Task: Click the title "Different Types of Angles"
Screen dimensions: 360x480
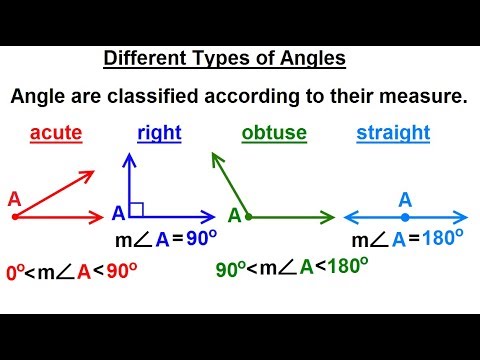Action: pyautogui.click(x=225, y=59)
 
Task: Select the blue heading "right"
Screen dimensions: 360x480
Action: pyautogui.click(x=158, y=132)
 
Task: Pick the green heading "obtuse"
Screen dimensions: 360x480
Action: pyautogui.click(x=274, y=132)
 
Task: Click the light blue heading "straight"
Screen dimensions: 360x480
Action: pyautogui.click(x=392, y=132)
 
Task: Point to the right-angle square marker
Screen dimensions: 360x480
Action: pyautogui.click(x=137, y=209)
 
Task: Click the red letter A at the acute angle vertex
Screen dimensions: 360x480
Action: pyautogui.click(x=14, y=198)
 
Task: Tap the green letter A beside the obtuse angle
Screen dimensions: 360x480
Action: pyautogui.click(x=235, y=215)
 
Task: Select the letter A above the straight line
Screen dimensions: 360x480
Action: pyautogui.click(x=405, y=198)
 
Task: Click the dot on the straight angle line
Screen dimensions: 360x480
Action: pyautogui.click(x=405, y=215)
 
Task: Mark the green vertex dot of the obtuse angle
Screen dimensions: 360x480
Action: pyautogui.click(x=249, y=215)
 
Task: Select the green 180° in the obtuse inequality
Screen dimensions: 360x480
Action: pyautogui.click(x=344, y=267)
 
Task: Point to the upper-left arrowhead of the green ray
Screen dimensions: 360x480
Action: pyautogui.click(x=214, y=157)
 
